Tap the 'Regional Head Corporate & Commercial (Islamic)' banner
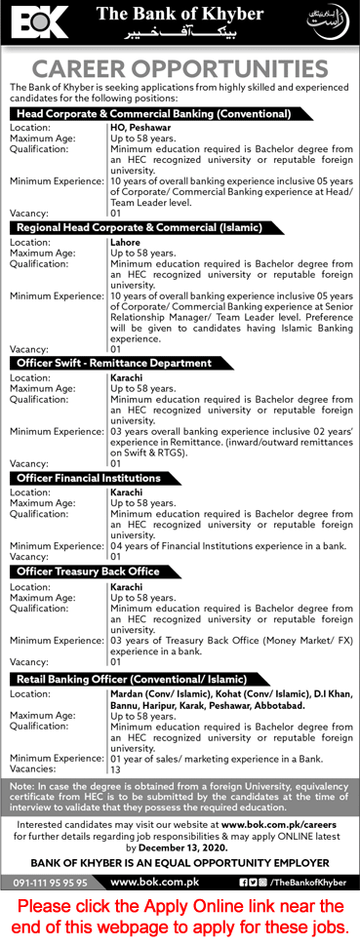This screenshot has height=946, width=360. tap(138, 227)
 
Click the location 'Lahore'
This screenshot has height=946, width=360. tap(126, 241)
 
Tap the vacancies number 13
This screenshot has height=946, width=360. tap(116, 769)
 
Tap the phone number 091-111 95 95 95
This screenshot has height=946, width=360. tap(51, 883)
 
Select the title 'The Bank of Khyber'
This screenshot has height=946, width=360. tap(180, 14)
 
